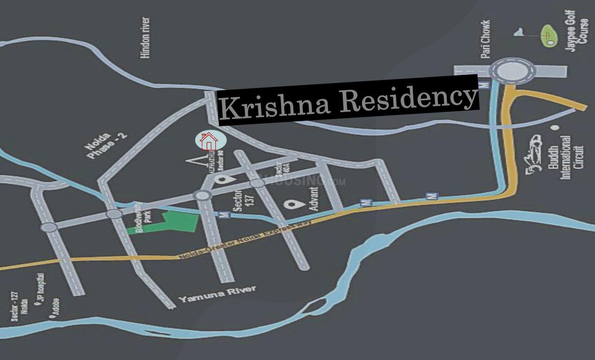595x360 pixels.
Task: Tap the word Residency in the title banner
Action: tap(408, 97)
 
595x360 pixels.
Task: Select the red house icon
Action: tap(208, 141)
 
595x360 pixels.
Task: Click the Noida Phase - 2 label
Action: tap(101, 146)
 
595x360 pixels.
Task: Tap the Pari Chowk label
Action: tap(486, 38)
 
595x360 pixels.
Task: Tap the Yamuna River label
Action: tap(217, 294)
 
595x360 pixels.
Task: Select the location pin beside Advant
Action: tap(292, 205)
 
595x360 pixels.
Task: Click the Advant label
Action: tap(314, 199)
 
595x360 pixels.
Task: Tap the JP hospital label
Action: tap(43, 288)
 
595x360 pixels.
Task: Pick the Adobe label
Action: tap(56, 307)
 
